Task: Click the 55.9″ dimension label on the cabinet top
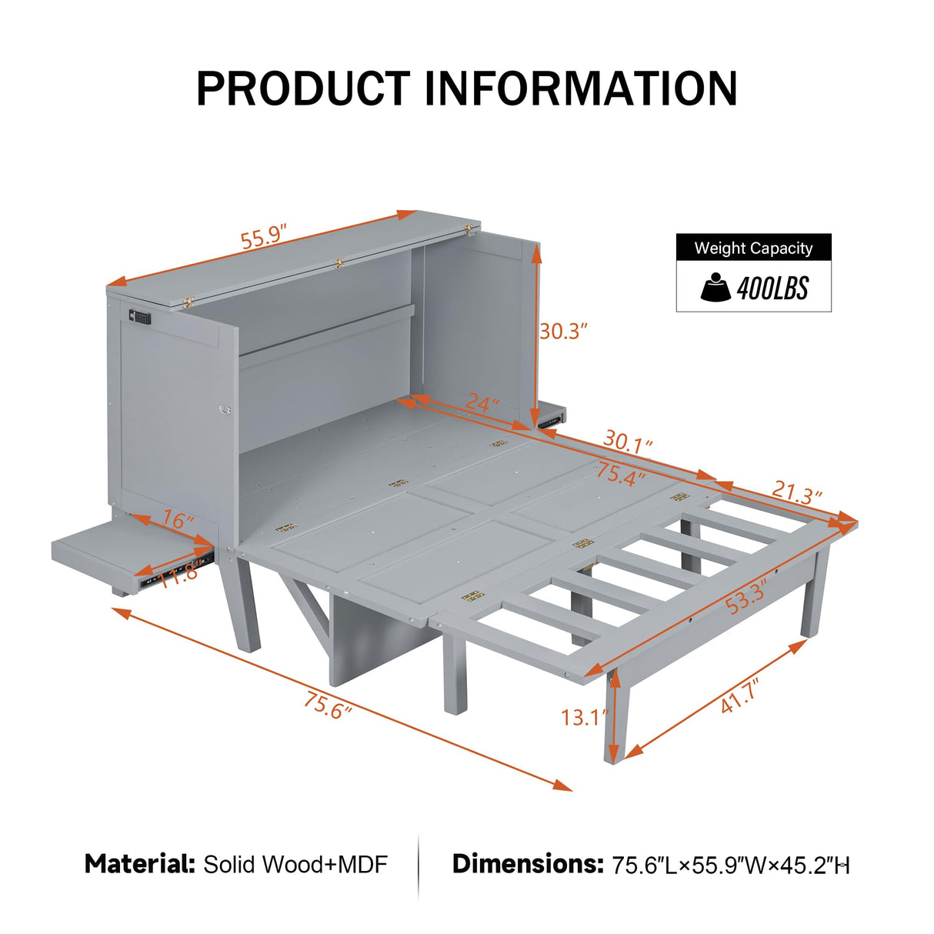263,236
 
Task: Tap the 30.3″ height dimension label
563,332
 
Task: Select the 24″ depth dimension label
482,402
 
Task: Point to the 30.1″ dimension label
628,442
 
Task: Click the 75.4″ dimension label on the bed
619,474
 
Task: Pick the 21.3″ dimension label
796,492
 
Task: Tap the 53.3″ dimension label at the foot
746,597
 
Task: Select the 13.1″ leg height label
584,717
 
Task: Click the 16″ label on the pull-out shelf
178,521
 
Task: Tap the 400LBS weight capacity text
772,289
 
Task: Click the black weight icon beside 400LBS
716,288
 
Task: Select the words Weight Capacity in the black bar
753,249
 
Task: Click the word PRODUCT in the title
303,88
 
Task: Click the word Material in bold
140,864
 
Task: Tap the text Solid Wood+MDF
295,865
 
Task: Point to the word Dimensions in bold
528,864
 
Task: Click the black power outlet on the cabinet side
139,316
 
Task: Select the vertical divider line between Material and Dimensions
419,865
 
